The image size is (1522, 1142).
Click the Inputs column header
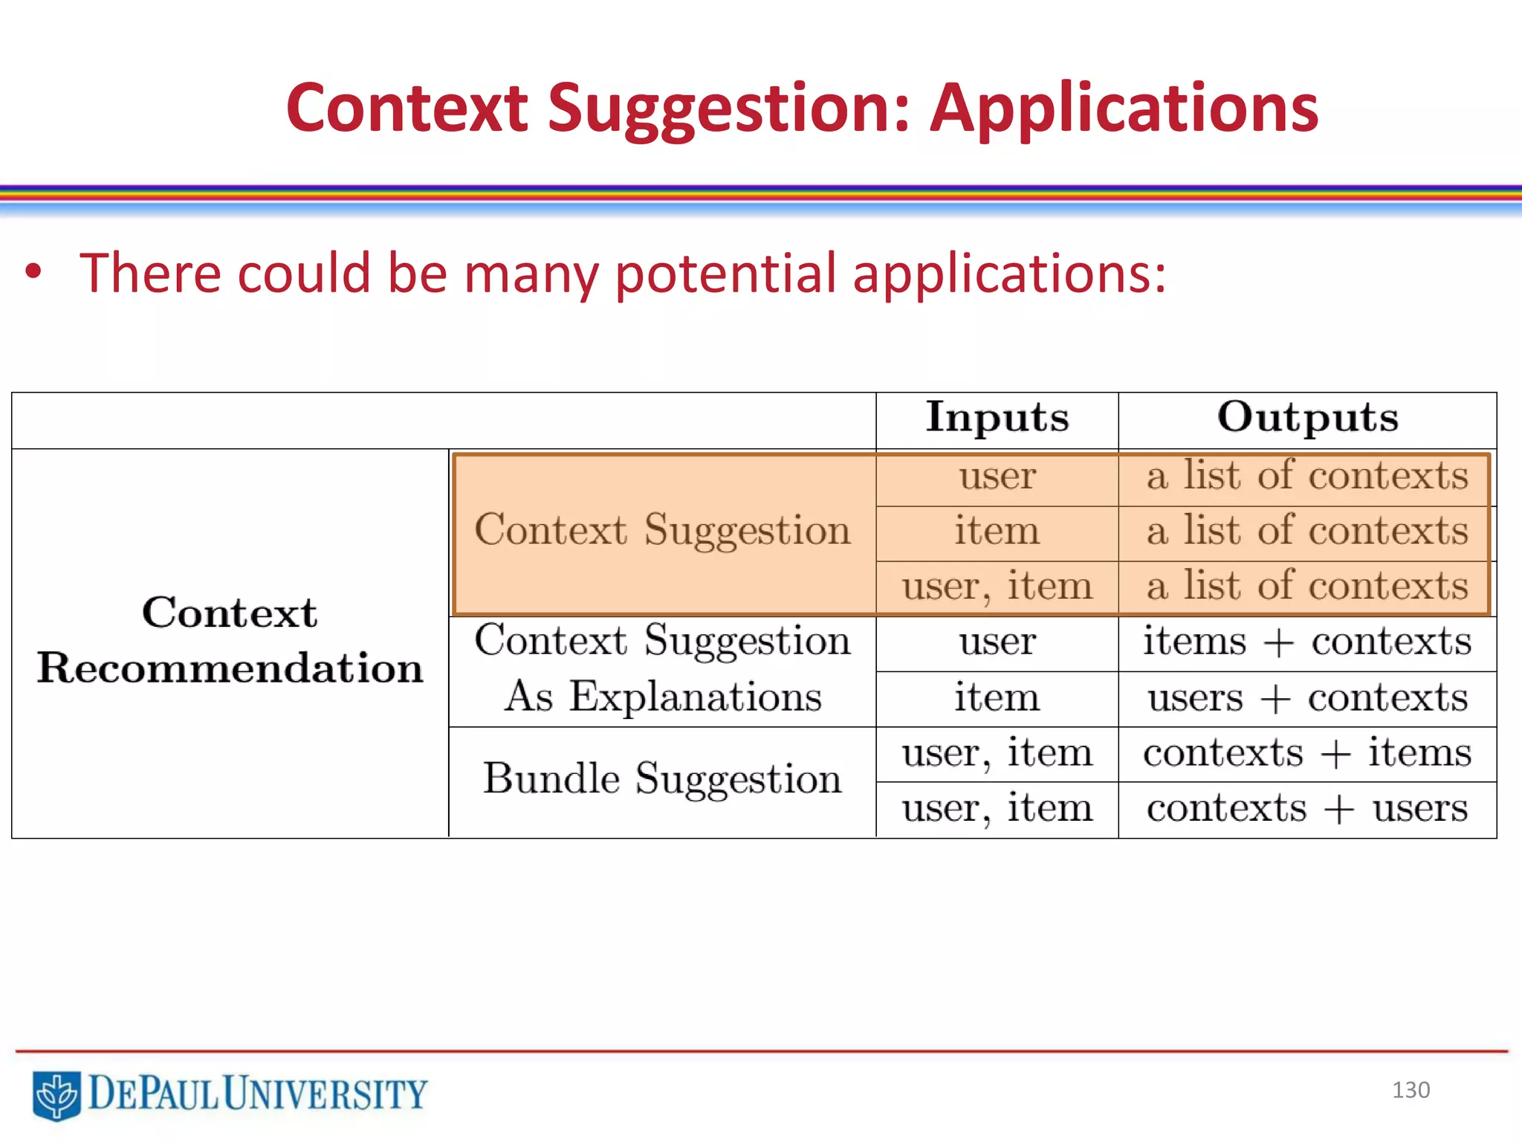997,418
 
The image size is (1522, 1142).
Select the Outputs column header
1307,418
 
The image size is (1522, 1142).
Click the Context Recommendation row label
230,640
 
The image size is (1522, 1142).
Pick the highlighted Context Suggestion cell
662,531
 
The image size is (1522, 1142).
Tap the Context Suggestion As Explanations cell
662,668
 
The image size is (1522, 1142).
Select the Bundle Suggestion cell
662,779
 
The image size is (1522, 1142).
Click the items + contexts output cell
1307,642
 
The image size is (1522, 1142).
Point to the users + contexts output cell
1307,698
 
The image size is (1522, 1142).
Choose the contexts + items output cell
1307,753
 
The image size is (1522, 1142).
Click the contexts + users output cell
1307,808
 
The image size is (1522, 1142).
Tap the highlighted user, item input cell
997,587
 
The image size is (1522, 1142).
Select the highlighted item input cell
997,532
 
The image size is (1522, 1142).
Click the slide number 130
1411,1090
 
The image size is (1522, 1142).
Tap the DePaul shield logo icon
56,1095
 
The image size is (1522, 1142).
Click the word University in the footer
325,1094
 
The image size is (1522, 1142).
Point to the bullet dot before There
33,273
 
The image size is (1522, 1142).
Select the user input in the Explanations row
997,642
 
